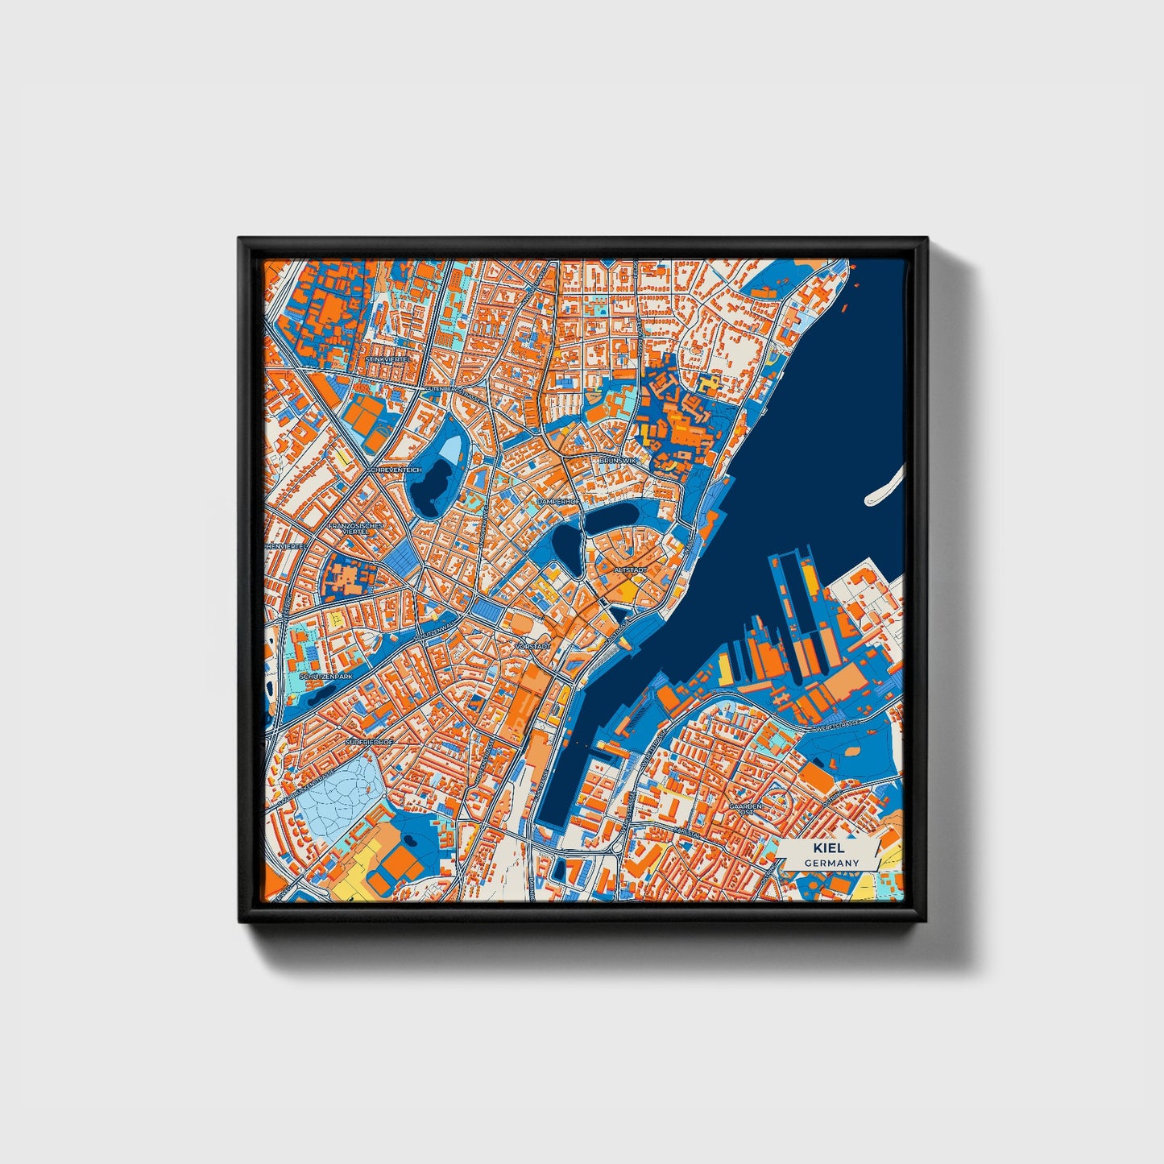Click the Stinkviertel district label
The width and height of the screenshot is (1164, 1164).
pyautogui.click(x=387, y=358)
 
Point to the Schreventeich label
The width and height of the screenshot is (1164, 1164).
pyautogui.click(x=394, y=470)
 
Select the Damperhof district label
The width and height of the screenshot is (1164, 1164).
pyautogui.click(x=558, y=502)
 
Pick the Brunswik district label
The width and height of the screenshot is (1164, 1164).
pyautogui.click(x=618, y=460)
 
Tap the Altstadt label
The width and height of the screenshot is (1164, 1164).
pyautogui.click(x=630, y=570)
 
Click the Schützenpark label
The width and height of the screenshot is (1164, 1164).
pyautogui.click(x=325, y=677)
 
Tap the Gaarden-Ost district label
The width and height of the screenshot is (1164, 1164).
pyautogui.click(x=745, y=810)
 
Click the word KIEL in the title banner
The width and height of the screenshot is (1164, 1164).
pyautogui.click(x=829, y=848)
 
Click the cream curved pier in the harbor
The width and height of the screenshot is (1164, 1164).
pyautogui.click(x=884, y=487)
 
